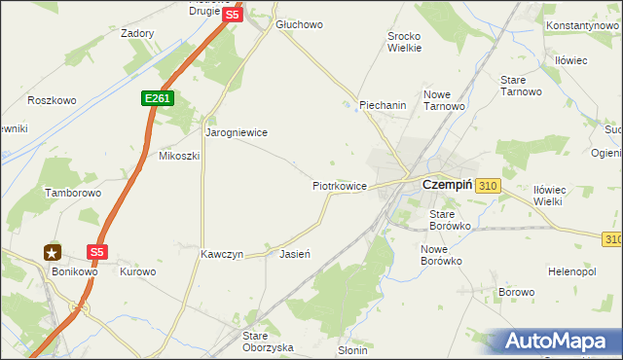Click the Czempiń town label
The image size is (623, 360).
[x=446, y=183]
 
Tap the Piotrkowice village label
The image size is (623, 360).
[x=339, y=185]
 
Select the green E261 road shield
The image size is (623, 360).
[x=156, y=99]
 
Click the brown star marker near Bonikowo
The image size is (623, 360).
[x=52, y=253]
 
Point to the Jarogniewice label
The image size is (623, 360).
[x=236, y=131]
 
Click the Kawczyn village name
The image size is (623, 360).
[x=221, y=254]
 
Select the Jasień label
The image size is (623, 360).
[x=294, y=254]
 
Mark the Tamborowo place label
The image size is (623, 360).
[x=73, y=194]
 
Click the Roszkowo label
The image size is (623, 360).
[x=52, y=100]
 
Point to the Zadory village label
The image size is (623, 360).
[x=137, y=33]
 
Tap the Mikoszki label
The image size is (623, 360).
[x=179, y=156]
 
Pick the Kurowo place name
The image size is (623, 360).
[x=137, y=271]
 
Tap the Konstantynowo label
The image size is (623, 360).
[x=583, y=24]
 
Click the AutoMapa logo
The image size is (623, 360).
[x=558, y=342]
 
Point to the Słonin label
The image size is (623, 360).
[x=351, y=350]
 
